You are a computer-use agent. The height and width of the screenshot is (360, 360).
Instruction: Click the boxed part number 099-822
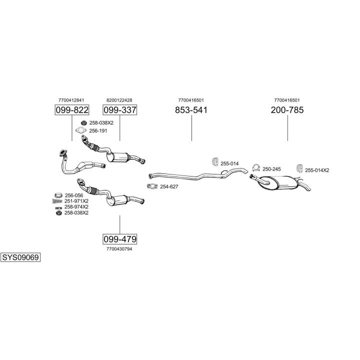pyautogui.click(x=71, y=110)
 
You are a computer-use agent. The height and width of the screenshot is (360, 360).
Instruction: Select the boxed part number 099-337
pyautogui.click(x=119, y=110)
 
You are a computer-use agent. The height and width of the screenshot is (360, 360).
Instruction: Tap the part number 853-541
pyautogui.click(x=191, y=110)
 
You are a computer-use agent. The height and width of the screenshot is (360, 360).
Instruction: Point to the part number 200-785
pyautogui.click(x=287, y=110)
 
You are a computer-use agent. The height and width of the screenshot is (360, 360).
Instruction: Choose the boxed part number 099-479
pyautogui.click(x=119, y=238)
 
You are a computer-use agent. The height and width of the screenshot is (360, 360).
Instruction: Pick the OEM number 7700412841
pyautogui.click(x=71, y=100)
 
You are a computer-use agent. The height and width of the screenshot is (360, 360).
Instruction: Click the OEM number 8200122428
pyautogui.click(x=119, y=100)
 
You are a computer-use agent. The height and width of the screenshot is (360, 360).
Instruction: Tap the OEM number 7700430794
pyautogui.click(x=119, y=248)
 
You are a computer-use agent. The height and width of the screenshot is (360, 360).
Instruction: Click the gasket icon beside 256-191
pyautogui.click(x=80, y=131)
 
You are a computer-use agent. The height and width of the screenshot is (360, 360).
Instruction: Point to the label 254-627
pyautogui.click(x=169, y=186)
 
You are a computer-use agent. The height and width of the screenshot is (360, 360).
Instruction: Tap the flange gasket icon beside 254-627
pyautogui.click(x=151, y=186)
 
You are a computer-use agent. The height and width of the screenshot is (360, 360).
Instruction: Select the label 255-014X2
pyautogui.click(x=317, y=170)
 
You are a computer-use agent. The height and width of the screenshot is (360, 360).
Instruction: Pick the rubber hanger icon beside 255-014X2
pyautogui.click(x=300, y=168)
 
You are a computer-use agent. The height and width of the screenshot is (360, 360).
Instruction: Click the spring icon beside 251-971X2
pyautogui.click(x=58, y=201)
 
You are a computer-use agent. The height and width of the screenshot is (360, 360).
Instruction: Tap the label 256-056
pyautogui.click(x=73, y=195)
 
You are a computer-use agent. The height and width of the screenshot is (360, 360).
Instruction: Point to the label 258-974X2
pyautogui.click(x=76, y=206)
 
